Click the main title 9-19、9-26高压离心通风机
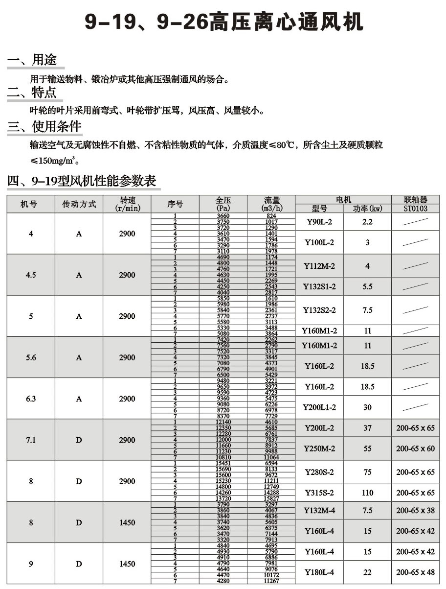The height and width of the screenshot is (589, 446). [223, 22]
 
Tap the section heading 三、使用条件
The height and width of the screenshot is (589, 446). [45, 127]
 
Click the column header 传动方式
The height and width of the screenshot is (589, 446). [79, 204]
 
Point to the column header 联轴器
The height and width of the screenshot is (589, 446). [416, 200]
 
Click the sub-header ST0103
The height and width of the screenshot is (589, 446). [416, 209]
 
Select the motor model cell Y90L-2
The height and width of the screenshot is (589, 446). [319, 222]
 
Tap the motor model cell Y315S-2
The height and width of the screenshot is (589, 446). [319, 493]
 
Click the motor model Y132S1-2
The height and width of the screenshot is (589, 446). [319, 287]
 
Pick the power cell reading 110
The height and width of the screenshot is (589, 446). [367, 493]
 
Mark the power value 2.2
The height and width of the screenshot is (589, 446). [367, 222]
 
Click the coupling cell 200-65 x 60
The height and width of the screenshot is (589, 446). [415, 448]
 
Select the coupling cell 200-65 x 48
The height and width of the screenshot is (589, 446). [415, 572]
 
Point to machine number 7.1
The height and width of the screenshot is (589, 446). [31, 440]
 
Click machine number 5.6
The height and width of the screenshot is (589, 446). [31, 358]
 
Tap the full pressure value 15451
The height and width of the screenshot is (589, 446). [223, 463]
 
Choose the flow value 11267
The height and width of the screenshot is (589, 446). [271, 581]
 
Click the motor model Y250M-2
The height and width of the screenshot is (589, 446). [319, 448]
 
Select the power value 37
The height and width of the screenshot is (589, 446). [367, 428]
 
